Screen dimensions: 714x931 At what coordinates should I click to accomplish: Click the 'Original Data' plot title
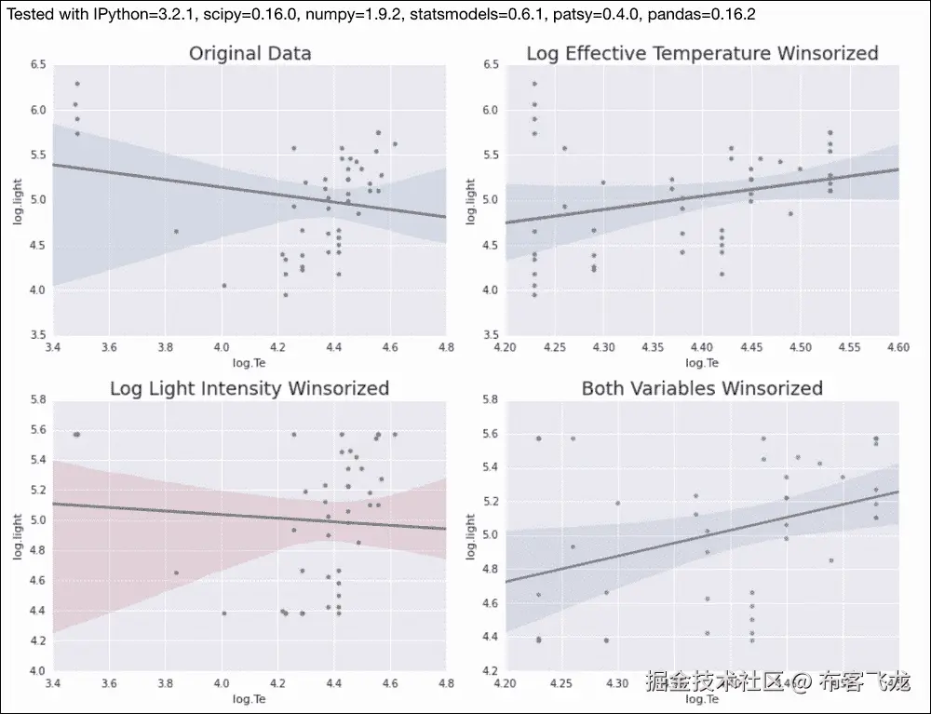tap(250, 53)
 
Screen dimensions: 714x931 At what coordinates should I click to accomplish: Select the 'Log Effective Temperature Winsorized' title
tap(702, 53)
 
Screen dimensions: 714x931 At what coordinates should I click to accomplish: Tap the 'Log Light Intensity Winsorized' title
tap(250, 387)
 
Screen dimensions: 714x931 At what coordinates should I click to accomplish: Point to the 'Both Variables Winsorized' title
tap(702, 387)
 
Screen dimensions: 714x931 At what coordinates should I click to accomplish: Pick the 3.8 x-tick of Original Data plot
tap(165, 348)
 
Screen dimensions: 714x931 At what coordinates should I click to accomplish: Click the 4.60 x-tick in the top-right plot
tap(897, 348)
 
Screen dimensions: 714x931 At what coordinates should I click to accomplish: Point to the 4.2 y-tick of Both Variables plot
tap(487, 670)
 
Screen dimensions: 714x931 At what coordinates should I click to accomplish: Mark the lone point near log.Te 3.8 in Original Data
tap(176, 231)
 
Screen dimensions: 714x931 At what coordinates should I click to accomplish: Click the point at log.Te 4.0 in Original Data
tap(224, 285)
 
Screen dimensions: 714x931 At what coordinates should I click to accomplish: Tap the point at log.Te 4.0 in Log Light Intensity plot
tap(224, 613)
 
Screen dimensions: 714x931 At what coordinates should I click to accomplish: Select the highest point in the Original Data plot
tap(77, 84)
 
